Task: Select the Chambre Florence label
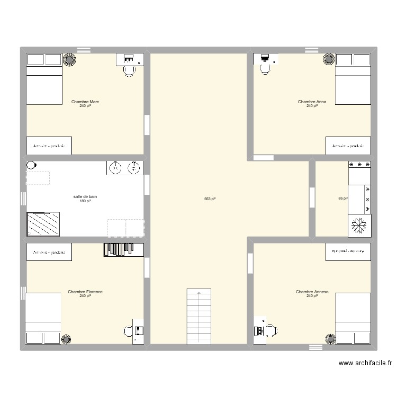[85, 292]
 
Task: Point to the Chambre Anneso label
[312, 292]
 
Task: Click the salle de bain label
[85, 196]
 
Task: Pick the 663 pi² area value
[210, 199]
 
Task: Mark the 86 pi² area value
[342, 198]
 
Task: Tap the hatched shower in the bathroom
[43, 224]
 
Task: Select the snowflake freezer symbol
[359, 226]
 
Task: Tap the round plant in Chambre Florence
[67, 339]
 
